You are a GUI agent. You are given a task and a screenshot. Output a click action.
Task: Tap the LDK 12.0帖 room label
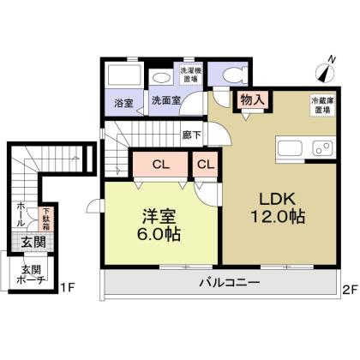[278, 208]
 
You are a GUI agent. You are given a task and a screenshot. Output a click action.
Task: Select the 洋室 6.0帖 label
[159, 225]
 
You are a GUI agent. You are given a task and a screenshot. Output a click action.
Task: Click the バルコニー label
[230, 283]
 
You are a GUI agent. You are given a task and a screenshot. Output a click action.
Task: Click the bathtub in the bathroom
[123, 75]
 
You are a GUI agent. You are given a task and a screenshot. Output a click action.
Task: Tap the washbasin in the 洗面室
[161, 77]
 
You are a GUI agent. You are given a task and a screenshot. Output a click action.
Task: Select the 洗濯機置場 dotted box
[190, 75]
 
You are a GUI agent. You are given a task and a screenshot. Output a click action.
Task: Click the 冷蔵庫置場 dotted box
[323, 105]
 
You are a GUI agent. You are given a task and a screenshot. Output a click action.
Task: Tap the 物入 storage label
[252, 99]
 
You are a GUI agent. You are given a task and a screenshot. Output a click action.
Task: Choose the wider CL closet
[160, 165]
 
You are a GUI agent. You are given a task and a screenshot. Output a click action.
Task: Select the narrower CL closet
[206, 165]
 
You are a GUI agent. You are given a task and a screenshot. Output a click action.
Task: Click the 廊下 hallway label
[192, 135]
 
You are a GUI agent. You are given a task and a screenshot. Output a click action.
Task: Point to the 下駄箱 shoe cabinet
[46, 219]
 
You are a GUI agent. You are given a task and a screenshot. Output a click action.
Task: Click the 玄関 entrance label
[33, 243]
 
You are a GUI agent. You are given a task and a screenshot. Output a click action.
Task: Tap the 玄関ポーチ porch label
[32, 274]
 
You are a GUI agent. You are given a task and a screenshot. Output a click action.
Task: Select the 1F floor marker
[68, 288]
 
